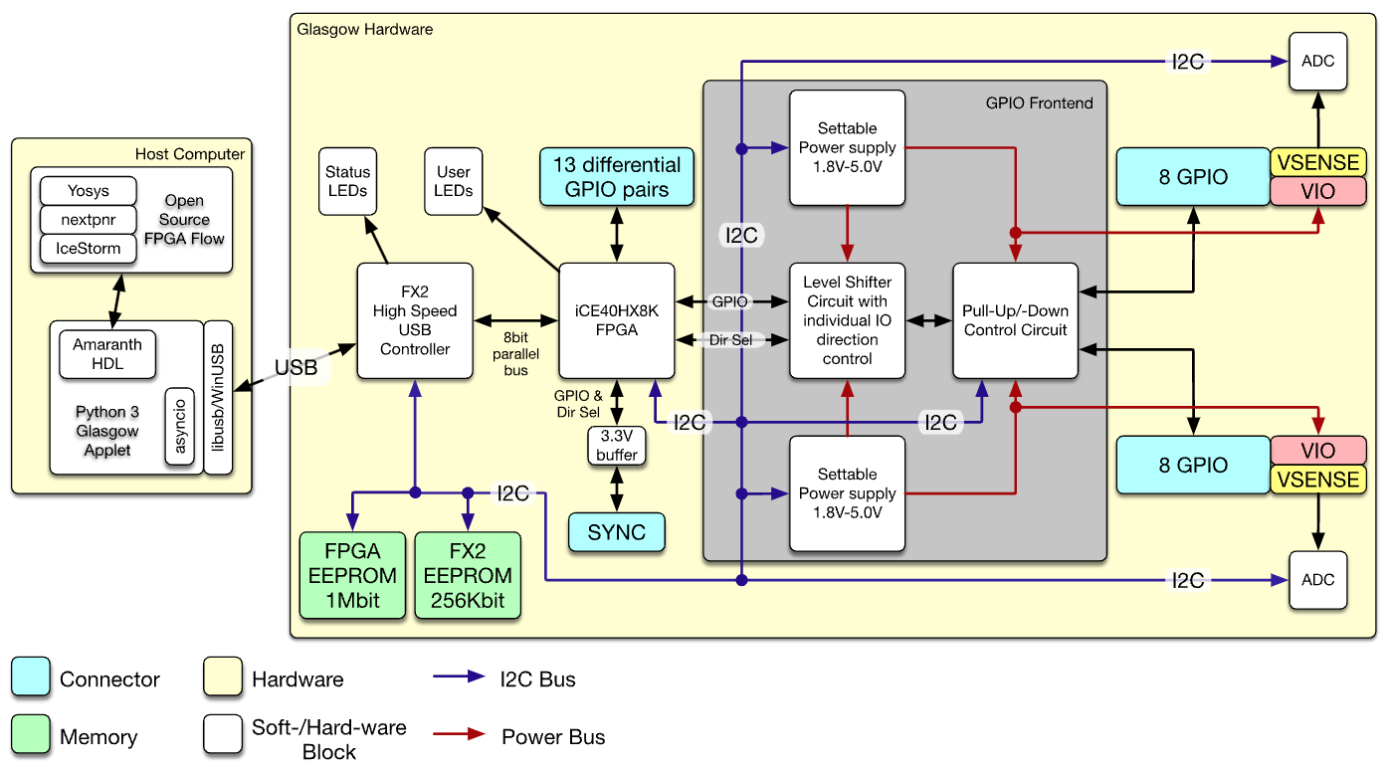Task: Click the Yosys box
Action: click(89, 191)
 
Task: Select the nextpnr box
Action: click(89, 219)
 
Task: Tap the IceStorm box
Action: click(89, 249)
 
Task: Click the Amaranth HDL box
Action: click(107, 354)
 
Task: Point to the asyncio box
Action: click(180, 427)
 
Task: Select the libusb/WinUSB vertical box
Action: click(218, 398)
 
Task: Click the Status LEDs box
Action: click(348, 181)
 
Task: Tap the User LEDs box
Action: click(454, 181)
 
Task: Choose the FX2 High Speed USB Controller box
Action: click(415, 320)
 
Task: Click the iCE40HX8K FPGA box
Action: click(617, 320)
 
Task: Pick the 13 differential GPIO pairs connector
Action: click(617, 177)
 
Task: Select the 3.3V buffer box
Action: click(617, 445)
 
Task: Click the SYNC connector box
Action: click(617, 532)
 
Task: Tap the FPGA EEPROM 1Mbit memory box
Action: click(352, 575)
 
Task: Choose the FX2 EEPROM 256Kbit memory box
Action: click(468, 575)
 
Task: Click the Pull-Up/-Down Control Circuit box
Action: click(1015, 320)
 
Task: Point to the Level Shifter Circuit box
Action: click(847, 320)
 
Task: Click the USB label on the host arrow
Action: click(297, 367)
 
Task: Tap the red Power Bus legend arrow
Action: click(459, 734)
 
